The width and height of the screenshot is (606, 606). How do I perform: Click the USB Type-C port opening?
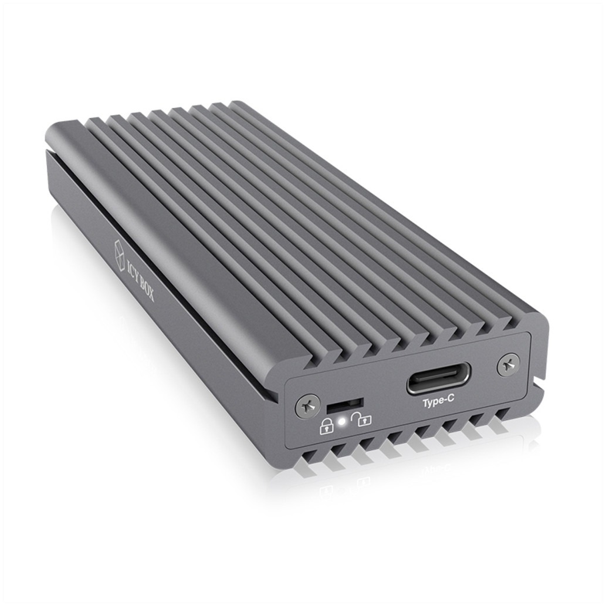click(439, 378)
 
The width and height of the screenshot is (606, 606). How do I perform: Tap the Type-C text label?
click(438, 402)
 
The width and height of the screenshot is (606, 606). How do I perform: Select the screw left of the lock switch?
click(308, 406)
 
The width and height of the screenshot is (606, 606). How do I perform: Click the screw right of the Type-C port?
click(508, 364)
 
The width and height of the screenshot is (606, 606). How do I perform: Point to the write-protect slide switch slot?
click(345, 406)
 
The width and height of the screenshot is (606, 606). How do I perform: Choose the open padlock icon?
click(361, 419)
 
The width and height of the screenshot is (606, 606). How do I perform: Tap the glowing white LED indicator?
click(341, 422)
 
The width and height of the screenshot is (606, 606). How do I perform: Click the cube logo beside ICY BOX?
click(120, 252)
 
